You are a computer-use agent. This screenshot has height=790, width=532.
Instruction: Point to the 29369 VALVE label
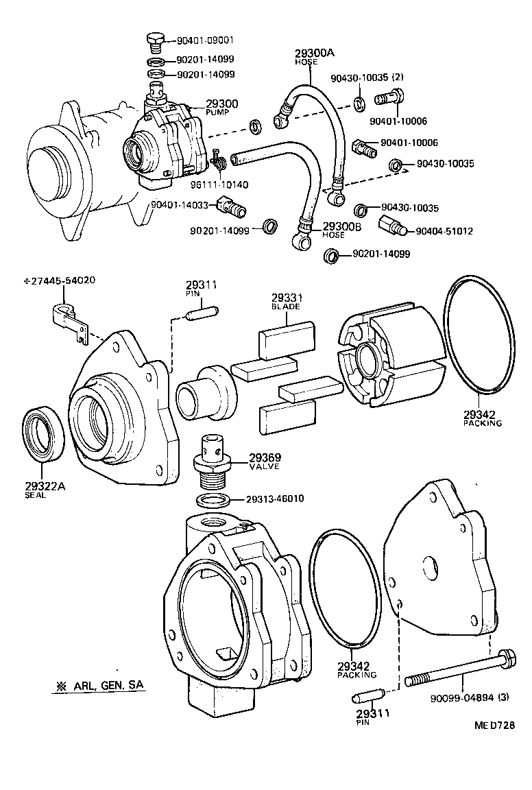(x=265, y=461)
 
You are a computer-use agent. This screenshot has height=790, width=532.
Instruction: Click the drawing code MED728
(x=494, y=725)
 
